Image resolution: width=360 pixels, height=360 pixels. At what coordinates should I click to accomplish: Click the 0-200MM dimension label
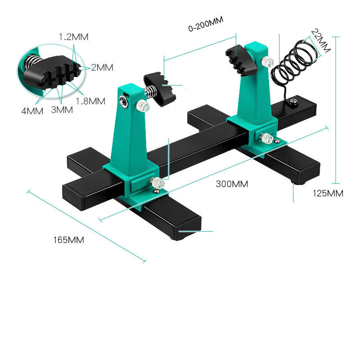(x=206, y=27)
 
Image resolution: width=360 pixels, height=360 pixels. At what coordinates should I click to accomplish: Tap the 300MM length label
(x=232, y=184)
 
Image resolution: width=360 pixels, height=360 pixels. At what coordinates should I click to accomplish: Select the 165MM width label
(x=68, y=240)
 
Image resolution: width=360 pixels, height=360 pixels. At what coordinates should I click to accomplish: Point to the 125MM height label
(x=328, y=193)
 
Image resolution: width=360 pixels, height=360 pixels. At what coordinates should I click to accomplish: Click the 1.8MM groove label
(x=90, y=101)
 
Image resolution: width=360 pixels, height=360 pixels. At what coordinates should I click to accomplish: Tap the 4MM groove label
(x=32, y=110)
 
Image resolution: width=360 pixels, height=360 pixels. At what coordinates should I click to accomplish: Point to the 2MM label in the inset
(x=102, y=67)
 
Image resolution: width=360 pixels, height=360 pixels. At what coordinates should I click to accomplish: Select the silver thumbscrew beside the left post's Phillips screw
(x=144, y=106)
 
